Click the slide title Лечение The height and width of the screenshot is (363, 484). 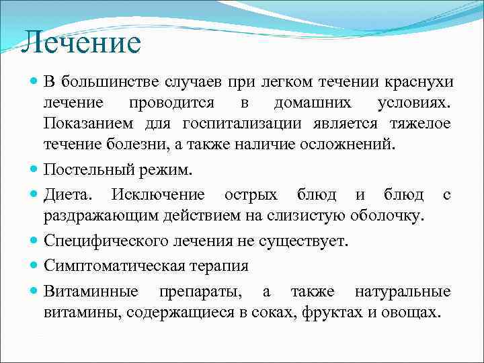[x=81, y=43]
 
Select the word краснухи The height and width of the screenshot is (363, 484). [x=419, y=82]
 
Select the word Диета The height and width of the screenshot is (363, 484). [x=67, y=195]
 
